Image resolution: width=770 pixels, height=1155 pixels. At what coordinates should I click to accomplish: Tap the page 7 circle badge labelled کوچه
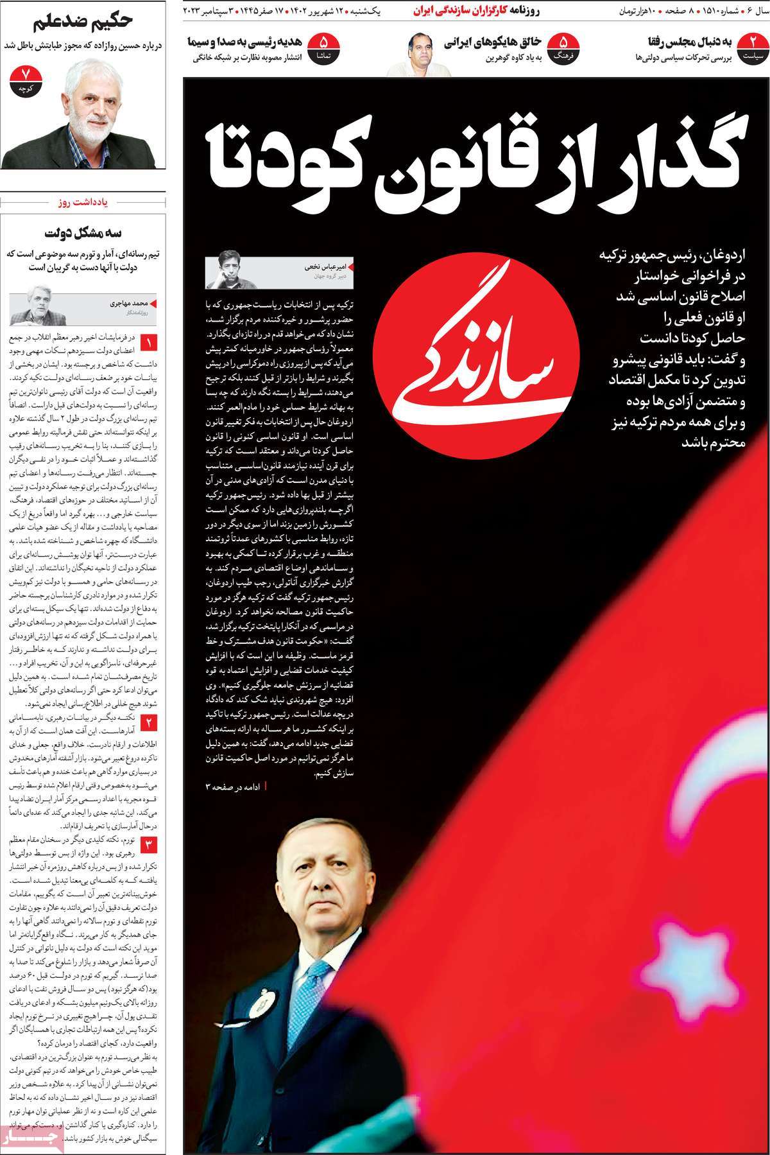(26, 80)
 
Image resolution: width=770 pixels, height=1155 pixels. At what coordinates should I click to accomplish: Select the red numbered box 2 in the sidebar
(149, 724)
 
